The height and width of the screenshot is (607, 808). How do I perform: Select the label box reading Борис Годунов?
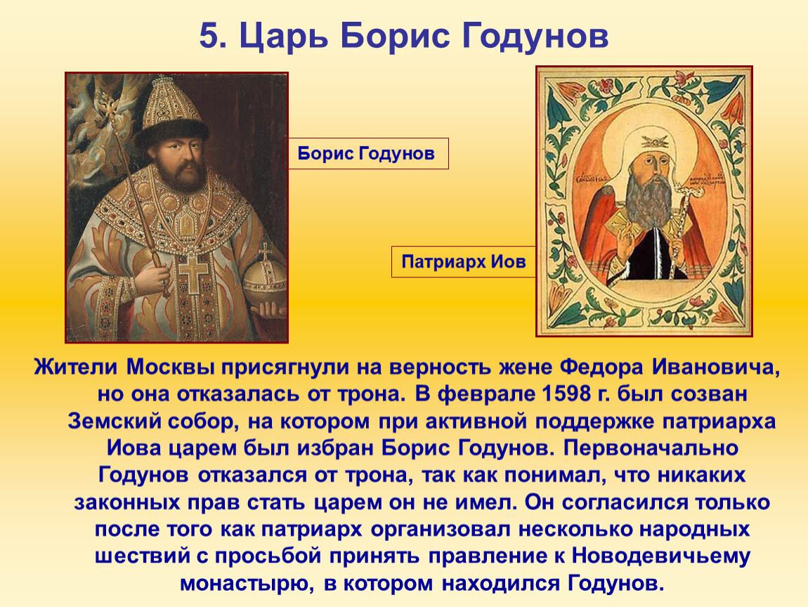click(x=366, y=154)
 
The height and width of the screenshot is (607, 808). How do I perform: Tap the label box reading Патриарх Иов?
click(x=463, y=262)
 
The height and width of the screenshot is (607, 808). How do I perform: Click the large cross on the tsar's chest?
click(x=193, y=273)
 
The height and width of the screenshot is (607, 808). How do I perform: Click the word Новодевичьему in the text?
click(x=661, y=556)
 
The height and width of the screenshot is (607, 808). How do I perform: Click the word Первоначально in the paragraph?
click(x=651, y=448)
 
